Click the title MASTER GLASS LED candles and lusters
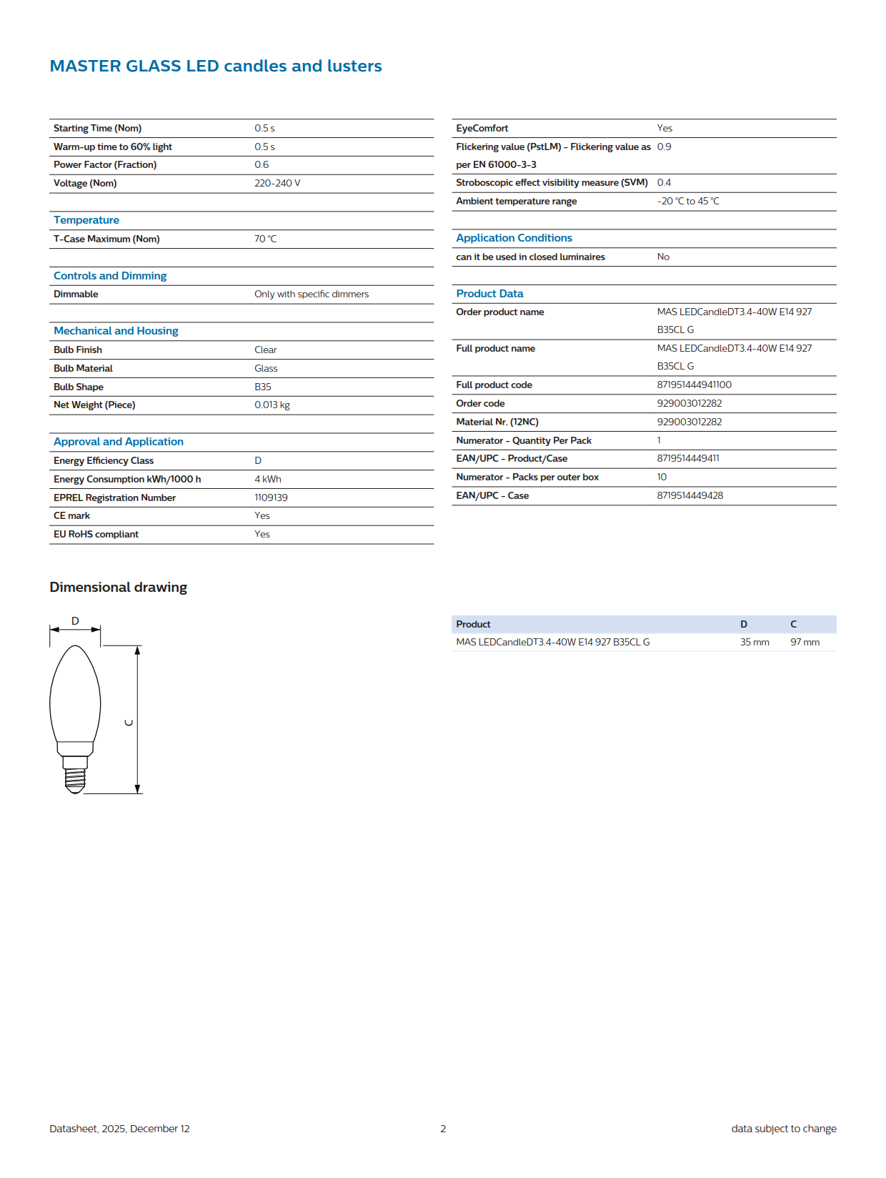point(215,66)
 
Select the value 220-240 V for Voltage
point(277,183)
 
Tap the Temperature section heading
point(86,220)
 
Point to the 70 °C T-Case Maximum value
point(265,239)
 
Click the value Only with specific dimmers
point(312,294)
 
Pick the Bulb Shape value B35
point(263,387)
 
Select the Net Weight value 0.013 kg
point(272,405)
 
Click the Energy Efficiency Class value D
point(258,460)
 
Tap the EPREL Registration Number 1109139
point(271,498)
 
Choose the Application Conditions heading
point(514,238)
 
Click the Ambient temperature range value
point(688,201)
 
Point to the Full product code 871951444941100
point(694,385)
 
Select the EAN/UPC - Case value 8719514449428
point(690,495)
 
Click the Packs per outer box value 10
point(662,477)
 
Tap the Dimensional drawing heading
point(118,587)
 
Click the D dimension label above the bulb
point(75,620)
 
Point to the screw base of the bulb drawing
point(75,778)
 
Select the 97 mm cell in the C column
point(805,642)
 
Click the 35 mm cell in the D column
point(755,642)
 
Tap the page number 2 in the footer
point(443,1129)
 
